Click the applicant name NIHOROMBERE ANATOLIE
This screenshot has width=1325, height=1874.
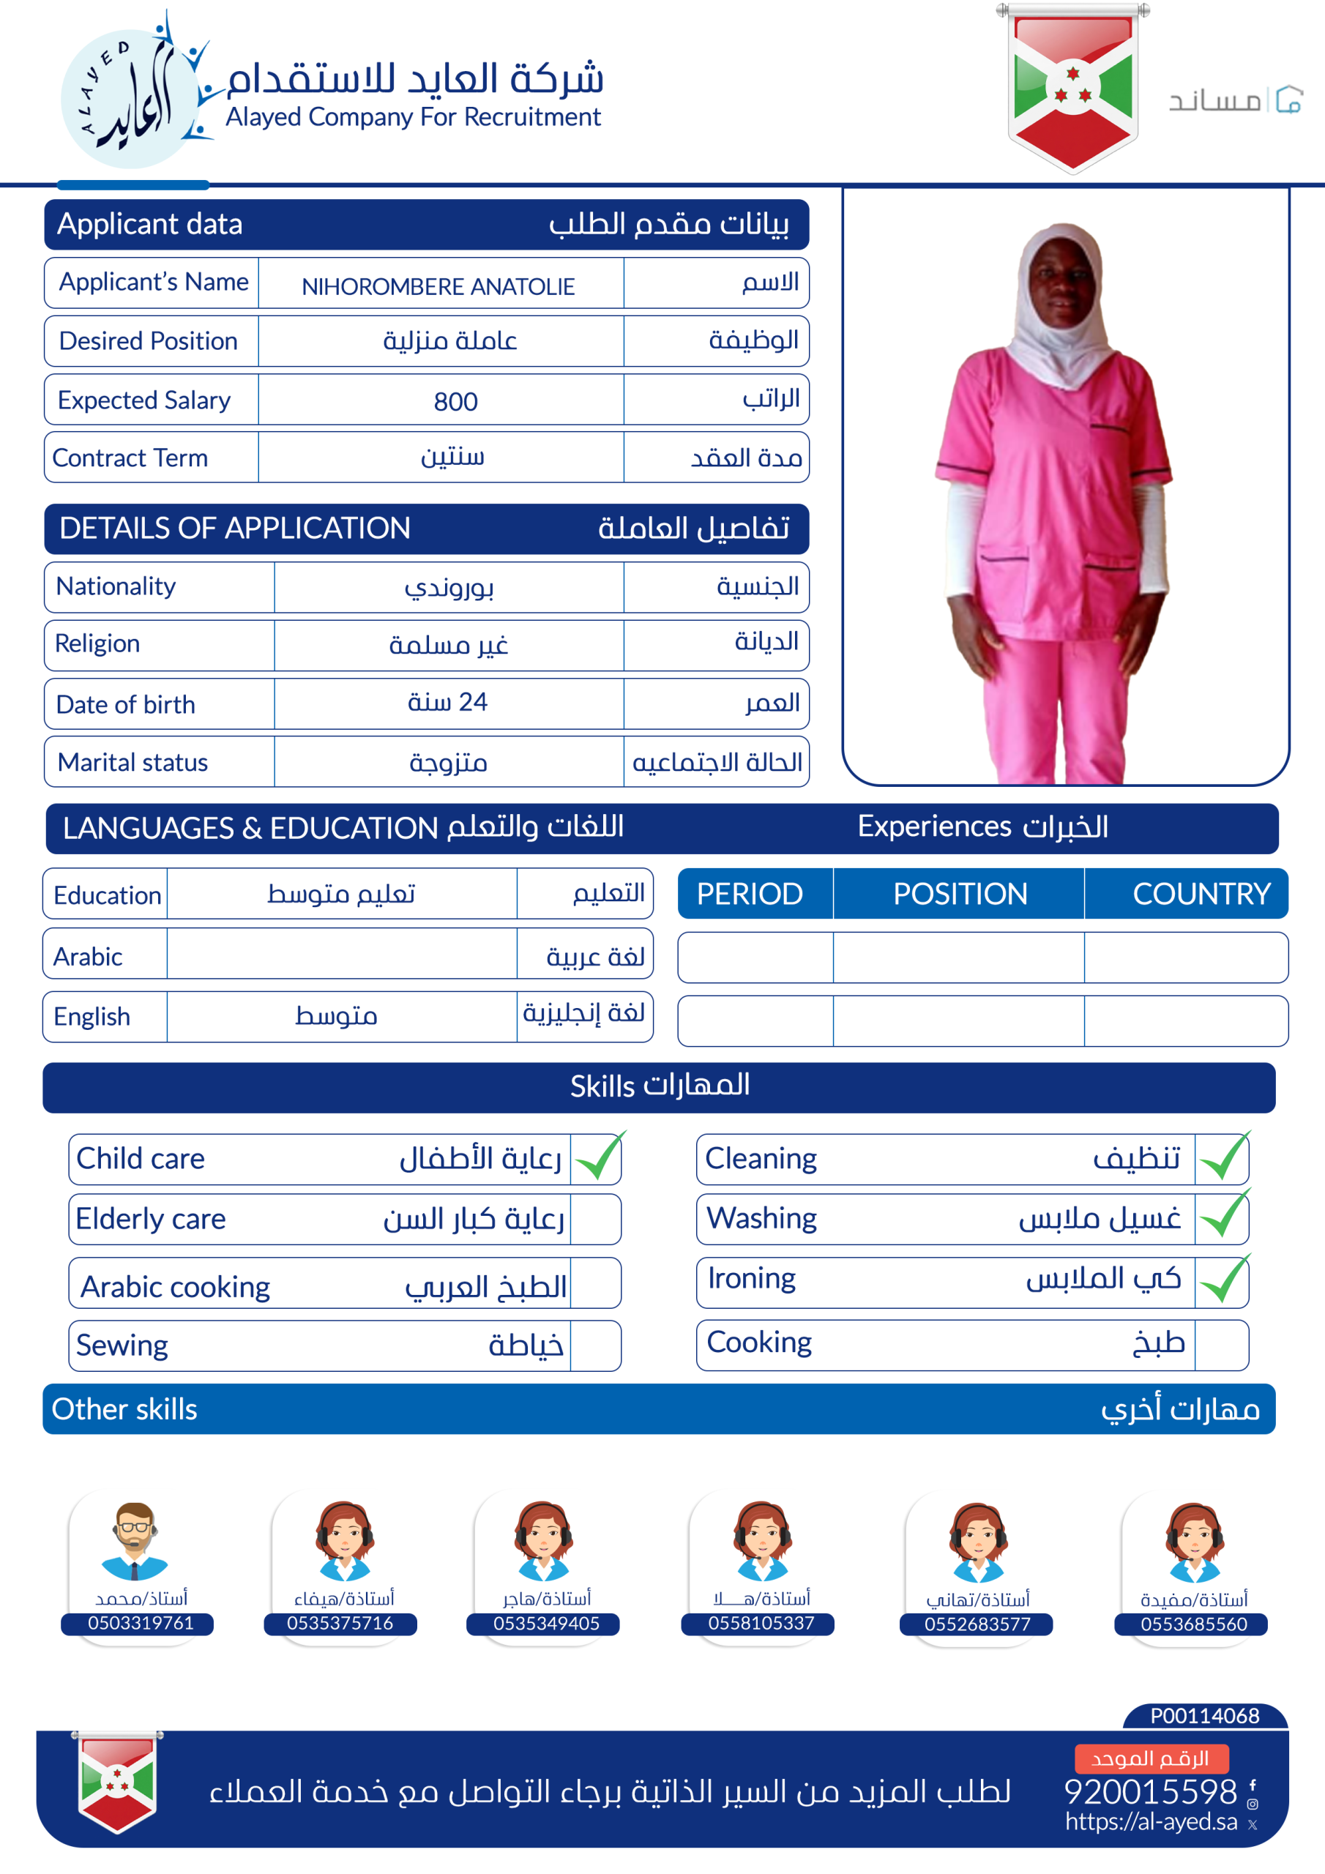[x=438, y=286]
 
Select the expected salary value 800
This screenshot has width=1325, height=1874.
[x=455, y=402]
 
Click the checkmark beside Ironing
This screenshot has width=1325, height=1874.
[x=1224, y=1280]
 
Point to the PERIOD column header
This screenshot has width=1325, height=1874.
[x=750, y=895]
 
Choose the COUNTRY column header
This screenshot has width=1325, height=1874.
[x=1201, y=895]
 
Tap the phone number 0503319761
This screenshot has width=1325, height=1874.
[x=141, y=1623]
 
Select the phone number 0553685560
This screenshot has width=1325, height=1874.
[x=1192, y=1624]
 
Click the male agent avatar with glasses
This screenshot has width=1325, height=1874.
[x=135, y=1540]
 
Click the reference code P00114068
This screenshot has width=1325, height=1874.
[x=1204, y=1716]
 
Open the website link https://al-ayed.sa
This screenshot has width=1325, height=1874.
[x=1150, y=1822]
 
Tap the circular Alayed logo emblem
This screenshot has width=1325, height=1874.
[x=130, y=98]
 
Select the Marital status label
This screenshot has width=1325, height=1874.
[x=133, y=762]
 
